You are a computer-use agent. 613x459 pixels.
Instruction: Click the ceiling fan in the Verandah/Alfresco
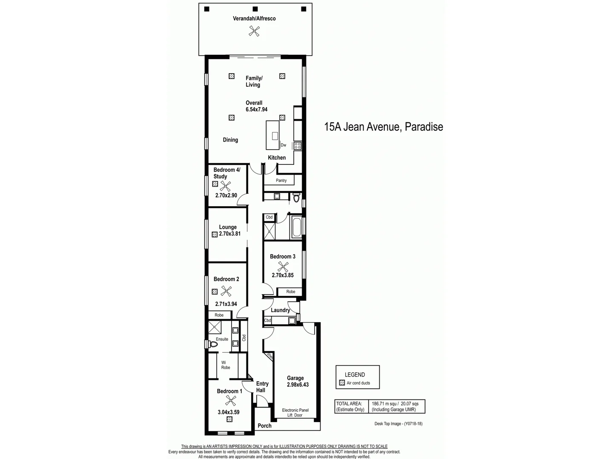(x=254, y=30)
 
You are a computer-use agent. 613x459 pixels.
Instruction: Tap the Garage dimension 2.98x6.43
(x=298, y=385)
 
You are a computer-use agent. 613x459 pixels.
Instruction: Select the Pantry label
(x=281, y=181)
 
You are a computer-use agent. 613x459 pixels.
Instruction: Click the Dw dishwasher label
(x=284, y=145)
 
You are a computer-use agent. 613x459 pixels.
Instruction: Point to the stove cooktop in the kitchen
(x=297, y=146)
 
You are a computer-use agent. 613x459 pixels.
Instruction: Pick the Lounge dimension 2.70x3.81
(x=229, y=234)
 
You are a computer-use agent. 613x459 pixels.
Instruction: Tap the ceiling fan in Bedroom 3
(x=283, y=266)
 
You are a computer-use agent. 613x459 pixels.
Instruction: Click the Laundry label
(x=280, y=310)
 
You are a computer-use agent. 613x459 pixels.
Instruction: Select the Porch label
(x=264, y=426)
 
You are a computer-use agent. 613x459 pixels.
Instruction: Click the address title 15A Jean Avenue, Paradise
(x=383, y=127)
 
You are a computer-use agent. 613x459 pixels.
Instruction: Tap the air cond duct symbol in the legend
(x=342, y=383)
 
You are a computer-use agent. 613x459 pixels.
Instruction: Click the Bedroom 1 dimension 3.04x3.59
(x=229, y=412)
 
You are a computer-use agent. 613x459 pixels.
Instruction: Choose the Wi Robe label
(x=225, y=365)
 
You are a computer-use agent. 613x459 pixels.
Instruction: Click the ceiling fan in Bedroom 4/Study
(x=225, y=185)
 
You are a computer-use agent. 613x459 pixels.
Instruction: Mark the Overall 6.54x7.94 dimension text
(x=256, y=106)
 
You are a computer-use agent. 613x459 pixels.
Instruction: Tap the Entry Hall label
(x=262, y=387)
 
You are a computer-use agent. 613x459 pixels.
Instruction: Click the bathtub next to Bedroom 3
(x=296, y=227)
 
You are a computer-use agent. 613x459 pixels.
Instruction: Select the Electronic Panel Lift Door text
(x=295, y=413)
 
